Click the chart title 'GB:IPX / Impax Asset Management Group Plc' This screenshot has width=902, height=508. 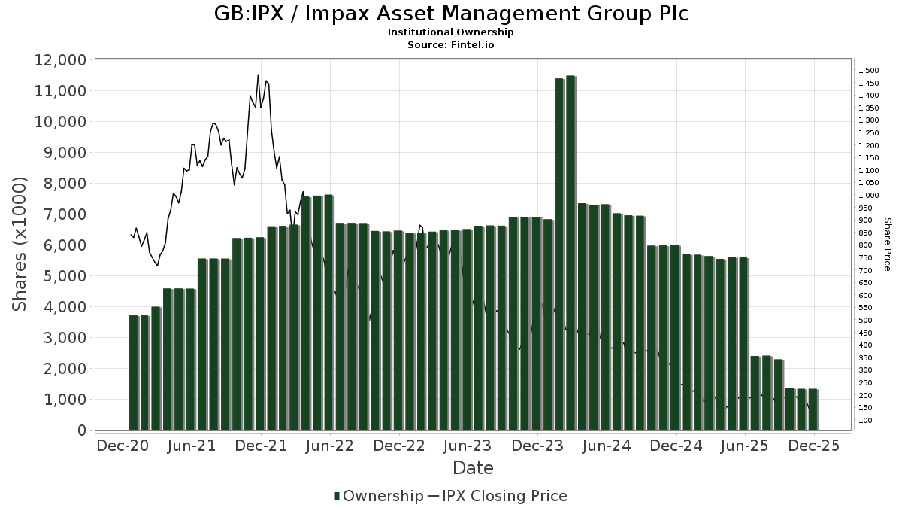(x=451, y=14)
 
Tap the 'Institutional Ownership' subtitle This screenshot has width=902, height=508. (x=451, y=32)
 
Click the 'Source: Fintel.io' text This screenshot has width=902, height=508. (x=451, y=45)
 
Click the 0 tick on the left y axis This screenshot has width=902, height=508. (x=82, y=430)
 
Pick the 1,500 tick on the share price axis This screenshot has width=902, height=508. (x=869, y=71)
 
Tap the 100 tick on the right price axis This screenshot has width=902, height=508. (x=866, y=421)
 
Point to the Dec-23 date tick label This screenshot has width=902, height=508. (x=537, y=446)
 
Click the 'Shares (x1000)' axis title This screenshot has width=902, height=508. (x=20, y=245)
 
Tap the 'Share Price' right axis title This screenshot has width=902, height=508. (x=887, y=245)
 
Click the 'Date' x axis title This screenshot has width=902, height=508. (x=473, y=468)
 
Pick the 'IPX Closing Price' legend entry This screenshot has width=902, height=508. (x=504, y=496)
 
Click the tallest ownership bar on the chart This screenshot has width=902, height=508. (x=571, y=253)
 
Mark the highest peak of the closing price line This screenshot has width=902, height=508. (x=258, y=75)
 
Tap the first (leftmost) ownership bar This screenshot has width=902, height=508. (x=134, y=373)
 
